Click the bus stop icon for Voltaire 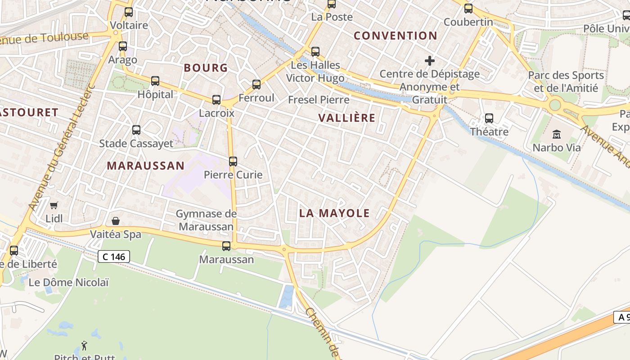pyautogui.click(x=129, y=12)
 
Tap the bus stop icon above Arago pyautogui.click(x=123, y=46)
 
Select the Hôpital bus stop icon pyautogui.click(x=155, y=81)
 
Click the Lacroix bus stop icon pyautogui.click(x=216, y=100)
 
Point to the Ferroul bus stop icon pyautogui.click(x=256, y=85)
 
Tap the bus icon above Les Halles pyautogui.click(x=315, y=52)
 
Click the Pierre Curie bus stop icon pyautogui.click(x=233, y=162)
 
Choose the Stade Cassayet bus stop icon pyautogui.click(x=136, y=130)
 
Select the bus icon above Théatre pyautogui.click(x=489, y=118)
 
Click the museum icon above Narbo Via pyautogui.click(x=557, y=134)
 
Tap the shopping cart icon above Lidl pyautogui.click(x=54, y=206)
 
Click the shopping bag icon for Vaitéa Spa pyautogui.click(x=116, y=221)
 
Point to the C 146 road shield pyautogui.click(x=114, y=257)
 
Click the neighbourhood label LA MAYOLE pyautogui.click(x=334, y=213)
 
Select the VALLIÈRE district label pyautogui.click(x=346, y=118)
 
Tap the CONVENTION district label pyautogui.click(x=396, y=36)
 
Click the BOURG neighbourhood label pyautogui.click(x=206, y=68)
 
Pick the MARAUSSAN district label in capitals pyautogui.click(x=145, y=166)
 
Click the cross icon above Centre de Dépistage pyautogui.click(x=430, y=60)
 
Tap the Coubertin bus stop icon pyautogui.click(x=468, y=9)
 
